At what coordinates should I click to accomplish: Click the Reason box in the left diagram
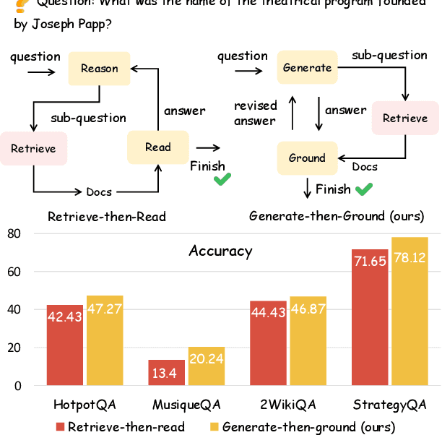pyautogui.click(x=99, y=69)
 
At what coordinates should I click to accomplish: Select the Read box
pyautogui.click(x=157, y=147)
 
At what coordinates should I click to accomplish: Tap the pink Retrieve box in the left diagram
pyautogui.click(x=33, y=149)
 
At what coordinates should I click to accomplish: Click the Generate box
pyautogui.click(x=307, y=67)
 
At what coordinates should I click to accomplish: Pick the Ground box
pyautogui.click(x=307, y=158)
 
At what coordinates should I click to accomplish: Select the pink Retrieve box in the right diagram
pyautogui.click(x=404, y=119)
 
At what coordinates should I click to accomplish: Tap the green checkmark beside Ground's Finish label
pyautogui.click(x=364, y=189)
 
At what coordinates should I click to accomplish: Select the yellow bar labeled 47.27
pyautogui.click(x=105, y=340)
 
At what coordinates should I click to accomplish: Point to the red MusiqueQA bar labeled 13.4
pyautogui.click(x=166, y=373)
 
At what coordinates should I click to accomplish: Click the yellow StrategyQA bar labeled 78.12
pyautogui.click(x=409, y=311)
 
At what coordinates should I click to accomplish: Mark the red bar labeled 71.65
pyautogui.click(x=370, y=318)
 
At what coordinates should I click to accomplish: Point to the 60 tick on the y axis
pyautogui.click(x=14, y=272)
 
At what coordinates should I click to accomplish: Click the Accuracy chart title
pyautogui.click(x=220, y=251)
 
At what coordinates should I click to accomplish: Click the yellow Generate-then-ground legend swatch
pyautogui.click(x=213, y=426)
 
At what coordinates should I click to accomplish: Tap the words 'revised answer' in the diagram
pyautogui.click(x=254, y=113)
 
